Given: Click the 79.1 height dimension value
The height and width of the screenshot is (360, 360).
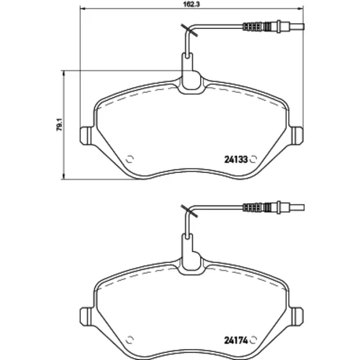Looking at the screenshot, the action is point(59,125).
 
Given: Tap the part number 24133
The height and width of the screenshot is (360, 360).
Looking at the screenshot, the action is point(235,159).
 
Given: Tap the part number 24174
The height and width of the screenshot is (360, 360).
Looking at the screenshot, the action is point(235,341).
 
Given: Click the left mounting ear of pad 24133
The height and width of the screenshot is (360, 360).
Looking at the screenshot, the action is point(86,135).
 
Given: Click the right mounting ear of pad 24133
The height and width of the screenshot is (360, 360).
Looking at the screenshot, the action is point(297,135).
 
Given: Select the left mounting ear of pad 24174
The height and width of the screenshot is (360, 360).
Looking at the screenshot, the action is point(86,317).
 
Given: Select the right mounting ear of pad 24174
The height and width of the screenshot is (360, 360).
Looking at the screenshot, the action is point(297,317).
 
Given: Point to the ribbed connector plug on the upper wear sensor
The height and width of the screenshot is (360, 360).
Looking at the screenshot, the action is point(262,26).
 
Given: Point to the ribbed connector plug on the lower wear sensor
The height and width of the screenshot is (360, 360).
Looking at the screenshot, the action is point(262,207).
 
